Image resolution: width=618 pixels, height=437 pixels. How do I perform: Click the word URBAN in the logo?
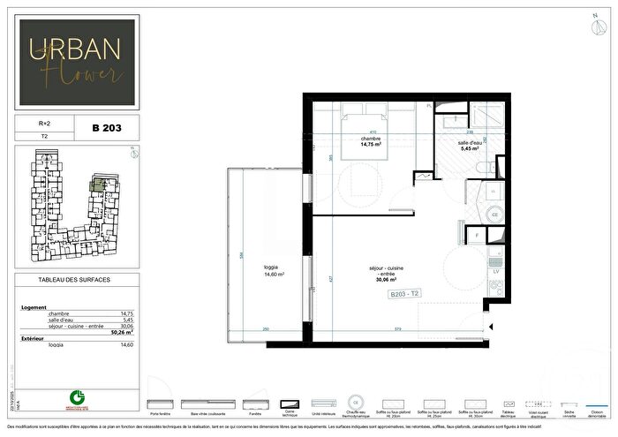pos(75,49)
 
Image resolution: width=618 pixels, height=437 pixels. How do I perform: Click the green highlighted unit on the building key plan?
pos(100,184)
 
